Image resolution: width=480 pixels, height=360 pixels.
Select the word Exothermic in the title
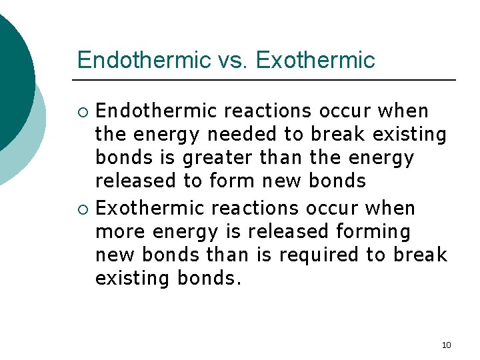315,61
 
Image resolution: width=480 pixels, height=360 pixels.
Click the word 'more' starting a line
121,231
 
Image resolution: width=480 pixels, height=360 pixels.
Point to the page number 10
446,345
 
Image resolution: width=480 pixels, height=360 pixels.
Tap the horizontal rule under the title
267,80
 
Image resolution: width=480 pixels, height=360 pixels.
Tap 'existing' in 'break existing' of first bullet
409,135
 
